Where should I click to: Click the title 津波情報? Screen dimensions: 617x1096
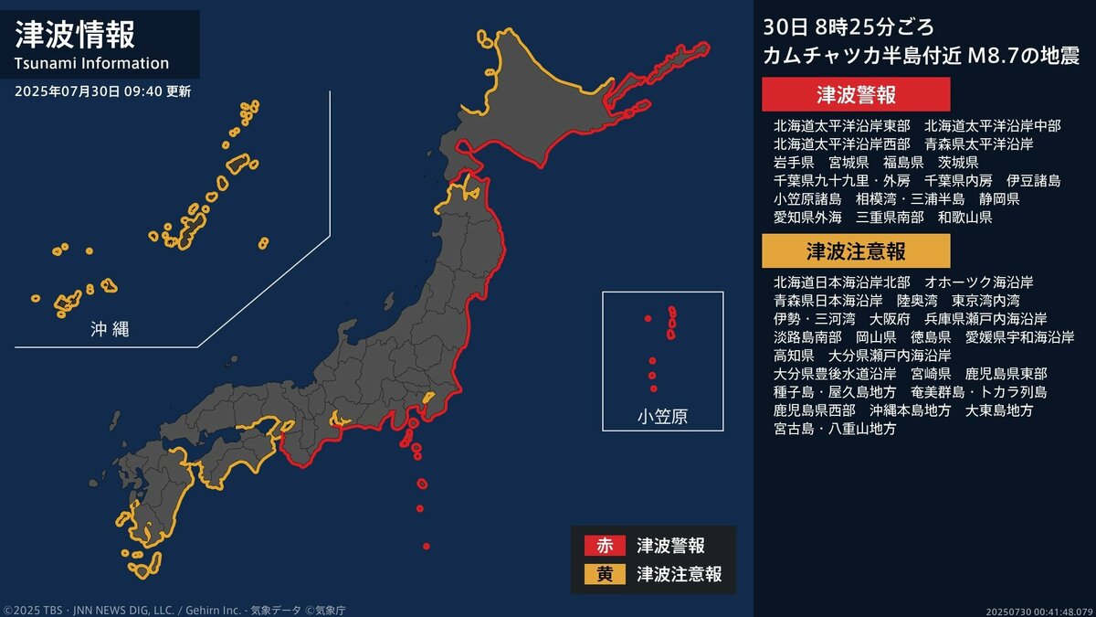76,35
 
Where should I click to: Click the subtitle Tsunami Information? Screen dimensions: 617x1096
92,63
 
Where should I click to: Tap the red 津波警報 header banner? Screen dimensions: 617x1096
856,94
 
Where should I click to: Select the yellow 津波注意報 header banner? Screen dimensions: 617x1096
856,250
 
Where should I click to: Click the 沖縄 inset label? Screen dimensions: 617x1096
110,329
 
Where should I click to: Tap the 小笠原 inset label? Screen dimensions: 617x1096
662,418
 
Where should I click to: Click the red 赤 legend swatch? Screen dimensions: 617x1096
605,546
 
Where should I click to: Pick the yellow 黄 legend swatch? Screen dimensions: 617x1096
605,574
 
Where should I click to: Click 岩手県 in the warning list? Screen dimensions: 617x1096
794,162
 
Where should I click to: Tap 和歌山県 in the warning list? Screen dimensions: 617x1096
964,218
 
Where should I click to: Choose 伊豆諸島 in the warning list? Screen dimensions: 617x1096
1033,180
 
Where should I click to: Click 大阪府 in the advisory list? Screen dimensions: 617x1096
890,318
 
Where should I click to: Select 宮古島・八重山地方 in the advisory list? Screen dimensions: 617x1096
835,428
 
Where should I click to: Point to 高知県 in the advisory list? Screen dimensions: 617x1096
794,355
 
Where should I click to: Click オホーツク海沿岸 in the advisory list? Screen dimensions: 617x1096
979,282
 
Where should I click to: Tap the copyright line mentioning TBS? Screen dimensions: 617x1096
174,610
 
